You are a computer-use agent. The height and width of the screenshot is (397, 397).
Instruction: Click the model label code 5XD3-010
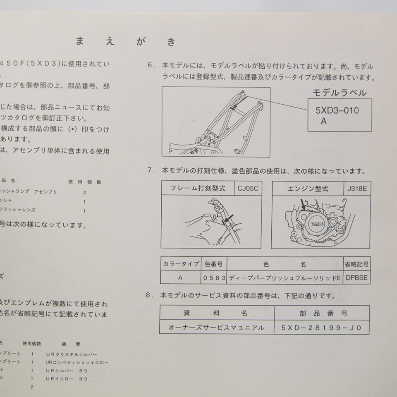(337, 110)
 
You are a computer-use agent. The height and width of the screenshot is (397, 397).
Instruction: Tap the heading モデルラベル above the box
(339, 93)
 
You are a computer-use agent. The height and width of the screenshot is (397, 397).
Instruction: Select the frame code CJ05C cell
(248, 189)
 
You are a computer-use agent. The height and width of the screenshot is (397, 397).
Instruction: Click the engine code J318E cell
(356, 189)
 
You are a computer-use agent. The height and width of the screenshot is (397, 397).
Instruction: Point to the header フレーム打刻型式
(198, 189)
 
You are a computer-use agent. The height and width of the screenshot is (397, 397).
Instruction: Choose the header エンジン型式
(308, 189)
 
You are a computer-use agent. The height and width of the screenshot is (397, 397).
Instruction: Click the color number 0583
(214, 278)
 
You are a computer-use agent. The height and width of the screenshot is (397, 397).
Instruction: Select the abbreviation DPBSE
(356, 278)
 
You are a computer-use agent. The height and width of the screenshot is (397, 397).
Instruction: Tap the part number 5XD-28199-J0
(321, 328)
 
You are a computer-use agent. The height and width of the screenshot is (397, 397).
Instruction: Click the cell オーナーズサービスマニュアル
(216, 328)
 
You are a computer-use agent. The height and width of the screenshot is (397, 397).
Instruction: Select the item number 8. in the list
(150, 296)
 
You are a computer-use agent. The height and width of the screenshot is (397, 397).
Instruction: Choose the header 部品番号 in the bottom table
(321, 313)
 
